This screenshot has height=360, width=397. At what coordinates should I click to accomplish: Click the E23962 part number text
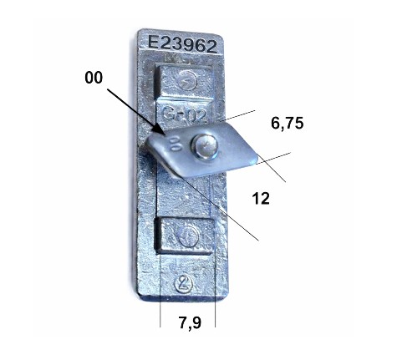click(182, 44)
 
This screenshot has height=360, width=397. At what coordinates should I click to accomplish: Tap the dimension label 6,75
click(288, 124)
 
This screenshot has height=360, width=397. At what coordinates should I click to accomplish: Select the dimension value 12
click(261, 199)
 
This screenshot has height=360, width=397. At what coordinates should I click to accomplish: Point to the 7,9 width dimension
click(190, 322)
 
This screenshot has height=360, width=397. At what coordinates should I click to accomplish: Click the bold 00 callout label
click(94, 78)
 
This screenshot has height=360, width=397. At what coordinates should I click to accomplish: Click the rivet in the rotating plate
click(204, 146)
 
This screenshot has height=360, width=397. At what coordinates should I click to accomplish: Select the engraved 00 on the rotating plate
click(176, 144)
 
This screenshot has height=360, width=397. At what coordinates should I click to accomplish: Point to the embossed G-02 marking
click(185, 114)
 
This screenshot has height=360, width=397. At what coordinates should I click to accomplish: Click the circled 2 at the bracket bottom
click(184, 284)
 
